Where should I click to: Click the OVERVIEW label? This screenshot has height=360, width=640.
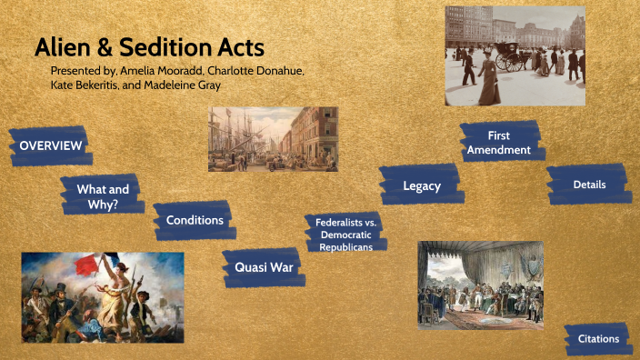pyautogui.click(x=51, y=146)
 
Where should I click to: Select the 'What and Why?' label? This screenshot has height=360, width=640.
pyautogui.click(x=103, y=196)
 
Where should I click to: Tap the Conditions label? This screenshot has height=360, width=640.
pyautogui.click(x=195, y=220)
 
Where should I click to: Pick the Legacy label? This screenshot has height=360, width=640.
pyautogui.click(x=422, y=186)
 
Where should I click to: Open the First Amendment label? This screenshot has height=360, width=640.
pyautogui.click(x=498, y=143)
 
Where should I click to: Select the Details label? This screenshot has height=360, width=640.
pyautogui.click(x=589, y=185)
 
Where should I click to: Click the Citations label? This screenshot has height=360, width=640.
pyautogui.click(x=598, y=339)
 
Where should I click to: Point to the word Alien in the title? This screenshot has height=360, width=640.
pyautogui.click(x=62, y=48)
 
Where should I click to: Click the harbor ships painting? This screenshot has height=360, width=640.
pyautogui.click(x=273, y=139)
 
